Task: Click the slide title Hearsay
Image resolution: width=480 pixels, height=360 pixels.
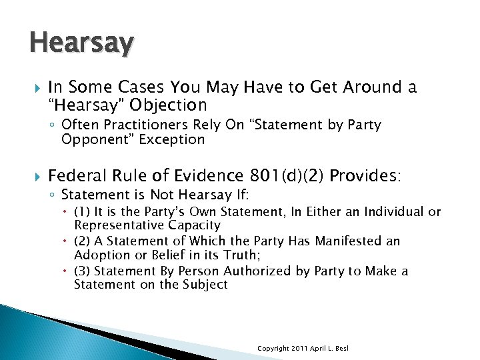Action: pyautogui.click(x=81, y=43)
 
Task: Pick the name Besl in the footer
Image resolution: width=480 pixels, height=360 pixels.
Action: pyautogui.click(x=341, y=349)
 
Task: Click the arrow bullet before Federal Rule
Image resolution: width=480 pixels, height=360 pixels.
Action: pyautogui.click(x=36, y=176)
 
